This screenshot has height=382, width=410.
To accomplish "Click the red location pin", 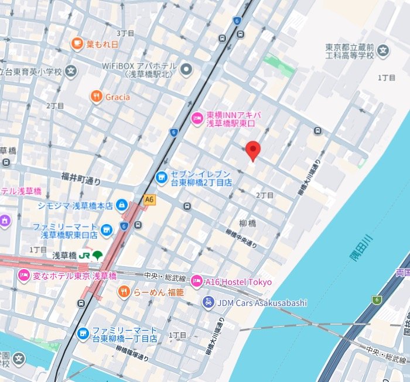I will tap(252, 150).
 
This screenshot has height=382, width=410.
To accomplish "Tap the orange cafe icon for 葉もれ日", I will tap(77, 43).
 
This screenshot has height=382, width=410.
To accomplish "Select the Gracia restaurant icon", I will tap(96, 96).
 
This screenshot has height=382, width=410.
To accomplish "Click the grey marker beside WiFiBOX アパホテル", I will tap(187, 71).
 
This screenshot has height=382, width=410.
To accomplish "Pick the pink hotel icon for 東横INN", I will tap(197, 119).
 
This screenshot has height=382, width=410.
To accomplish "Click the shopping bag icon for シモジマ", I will tap(121, 205).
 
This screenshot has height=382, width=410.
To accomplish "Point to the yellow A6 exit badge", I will tap(150, 200).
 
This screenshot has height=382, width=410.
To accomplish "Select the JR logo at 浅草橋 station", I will tap(85, 256).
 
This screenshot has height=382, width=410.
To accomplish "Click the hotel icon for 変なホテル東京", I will tap(23, 276).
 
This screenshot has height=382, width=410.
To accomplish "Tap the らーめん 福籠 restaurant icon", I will tap(124, 291).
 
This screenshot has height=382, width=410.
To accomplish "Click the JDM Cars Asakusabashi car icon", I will tap(207, 302).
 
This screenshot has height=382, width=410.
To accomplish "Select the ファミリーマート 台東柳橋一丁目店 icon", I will tap(83, 333).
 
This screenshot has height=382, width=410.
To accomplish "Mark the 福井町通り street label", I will tap(81, 176).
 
